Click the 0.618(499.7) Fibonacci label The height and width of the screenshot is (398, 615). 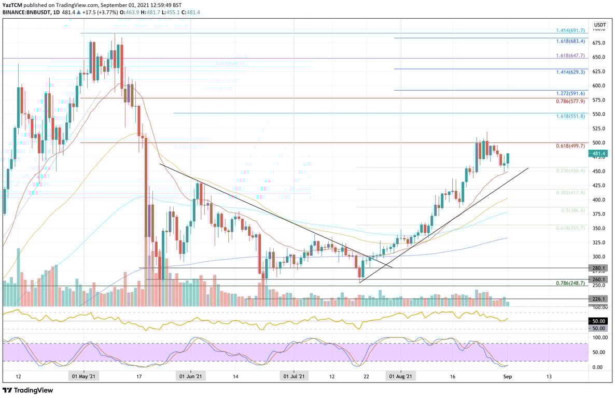pyautogui.click(x=570, y=146)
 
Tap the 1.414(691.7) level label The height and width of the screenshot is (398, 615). pyautogui.click(x=570, y=31)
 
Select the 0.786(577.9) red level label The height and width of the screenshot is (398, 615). pyautogui.click(x=570, y=102)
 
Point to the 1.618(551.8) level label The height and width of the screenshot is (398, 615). pyautogui.click(x=570, y=116)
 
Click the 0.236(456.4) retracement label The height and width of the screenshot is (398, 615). pyautogui.click(x=570, y=170)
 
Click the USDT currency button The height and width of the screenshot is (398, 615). pyautogui.click(x=600, y=25)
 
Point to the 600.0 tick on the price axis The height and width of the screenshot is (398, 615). pyautogui.click(x=599, y=86)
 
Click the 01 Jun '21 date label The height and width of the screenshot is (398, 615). pyautogui.click(x=191, y=376)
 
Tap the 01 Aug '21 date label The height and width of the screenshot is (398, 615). pyautogui.click(x=401, y=376)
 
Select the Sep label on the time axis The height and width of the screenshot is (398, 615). pyautogui.click(x=507, y=376)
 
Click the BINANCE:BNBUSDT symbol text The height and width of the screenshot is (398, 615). pyautogui.click(x=26, y=12)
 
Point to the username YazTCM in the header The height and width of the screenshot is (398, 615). pyautogui.click(x=13, y=4)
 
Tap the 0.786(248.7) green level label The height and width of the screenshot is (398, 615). pyautogui.click(x=570, y=283)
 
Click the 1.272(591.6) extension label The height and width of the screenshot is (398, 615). pyautogui.click(x=570, y=93)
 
